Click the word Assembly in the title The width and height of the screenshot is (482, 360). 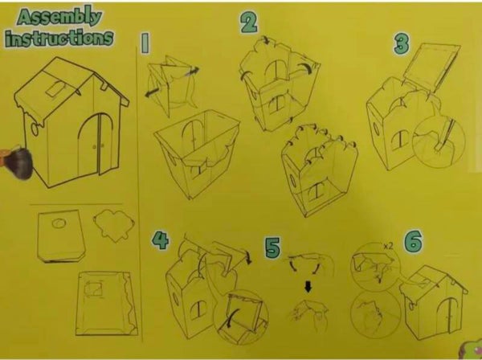tap(59, 18)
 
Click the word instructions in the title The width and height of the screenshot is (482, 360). tap(59, 38)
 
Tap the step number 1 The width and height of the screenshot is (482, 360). tap(145, 44)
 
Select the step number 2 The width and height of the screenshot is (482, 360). tap(249, 22)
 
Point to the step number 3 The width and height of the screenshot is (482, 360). tap(402, 43)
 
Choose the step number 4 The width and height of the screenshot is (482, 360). tap(160, 240)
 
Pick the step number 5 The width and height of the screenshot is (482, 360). tap(272, 247)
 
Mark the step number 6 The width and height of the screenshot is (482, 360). tap(413, 242)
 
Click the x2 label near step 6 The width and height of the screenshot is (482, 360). tap(388, 246)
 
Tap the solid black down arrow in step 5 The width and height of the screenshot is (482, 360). tap(308, 287)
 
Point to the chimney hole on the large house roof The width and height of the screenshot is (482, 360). tap(55, 89)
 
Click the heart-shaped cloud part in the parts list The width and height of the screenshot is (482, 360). tap(114, 225)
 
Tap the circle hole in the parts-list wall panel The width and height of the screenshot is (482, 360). tap(59, 223)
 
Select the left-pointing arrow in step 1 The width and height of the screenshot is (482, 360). tap(153, 92)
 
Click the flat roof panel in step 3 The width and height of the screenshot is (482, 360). tap(431, 65)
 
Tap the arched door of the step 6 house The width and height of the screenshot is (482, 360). tap(446, 314)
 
